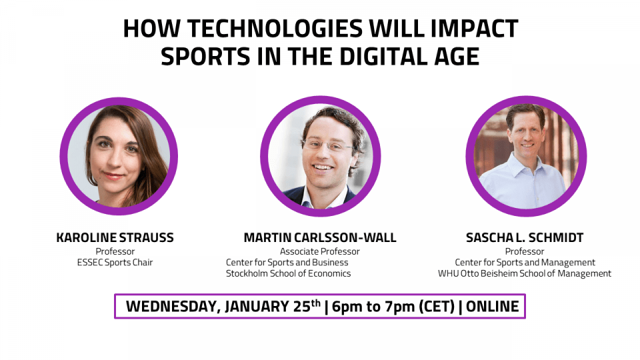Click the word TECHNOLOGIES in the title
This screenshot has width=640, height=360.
275,29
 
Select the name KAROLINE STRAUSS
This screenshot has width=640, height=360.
115,237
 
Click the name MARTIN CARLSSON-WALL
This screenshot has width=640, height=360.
320,237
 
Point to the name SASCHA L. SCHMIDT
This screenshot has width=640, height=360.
525,237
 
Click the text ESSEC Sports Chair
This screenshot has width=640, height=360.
115,263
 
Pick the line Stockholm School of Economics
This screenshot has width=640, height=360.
289,273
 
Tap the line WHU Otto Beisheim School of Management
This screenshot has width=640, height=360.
525,273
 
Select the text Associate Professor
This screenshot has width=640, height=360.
320,251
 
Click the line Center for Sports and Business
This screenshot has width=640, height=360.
287,263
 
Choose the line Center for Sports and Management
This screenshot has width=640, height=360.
525,263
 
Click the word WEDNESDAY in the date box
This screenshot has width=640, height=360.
173,307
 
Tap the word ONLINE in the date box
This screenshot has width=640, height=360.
492,307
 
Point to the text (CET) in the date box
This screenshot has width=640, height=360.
437,307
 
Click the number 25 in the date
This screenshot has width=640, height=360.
302,307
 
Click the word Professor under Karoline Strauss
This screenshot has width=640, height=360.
115,251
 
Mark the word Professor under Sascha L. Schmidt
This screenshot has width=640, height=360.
525,251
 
